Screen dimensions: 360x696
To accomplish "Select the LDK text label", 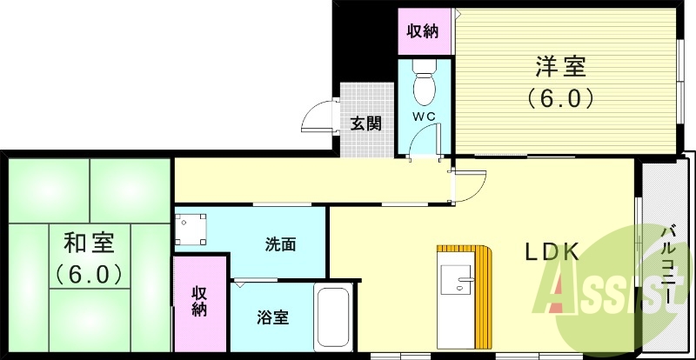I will [551, 252].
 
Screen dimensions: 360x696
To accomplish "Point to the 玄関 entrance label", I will [365, 123].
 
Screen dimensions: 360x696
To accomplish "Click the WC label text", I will [423, 117].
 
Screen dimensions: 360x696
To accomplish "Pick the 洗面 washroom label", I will [280, 244].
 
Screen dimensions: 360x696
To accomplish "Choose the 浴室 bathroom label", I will [272, 317].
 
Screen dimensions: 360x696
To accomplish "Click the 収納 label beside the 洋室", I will [423, 31].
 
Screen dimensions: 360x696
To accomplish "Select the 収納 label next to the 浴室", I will [199, 300].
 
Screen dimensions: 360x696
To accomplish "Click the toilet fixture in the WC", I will [424, 83].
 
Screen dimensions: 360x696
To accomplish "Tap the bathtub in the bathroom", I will [332, 318].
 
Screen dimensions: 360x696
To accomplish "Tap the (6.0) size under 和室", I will [87, 274].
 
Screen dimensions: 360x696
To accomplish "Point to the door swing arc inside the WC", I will [430, 138].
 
